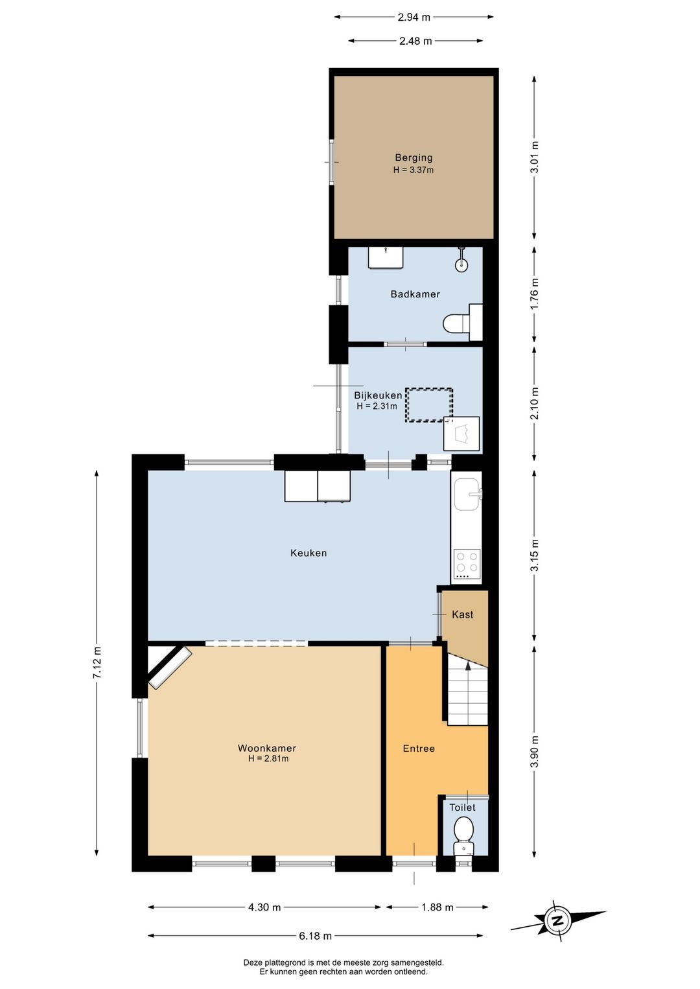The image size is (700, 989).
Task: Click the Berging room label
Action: pos(414,157)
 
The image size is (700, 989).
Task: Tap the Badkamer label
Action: pos(415,294)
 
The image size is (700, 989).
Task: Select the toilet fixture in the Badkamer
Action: pos(460,322)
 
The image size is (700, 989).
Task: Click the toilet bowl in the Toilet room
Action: pos(463,830)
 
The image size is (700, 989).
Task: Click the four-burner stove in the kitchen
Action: pos(467,564)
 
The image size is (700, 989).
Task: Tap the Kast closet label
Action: pos(463,614)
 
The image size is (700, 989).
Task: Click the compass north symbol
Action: pos(557,920)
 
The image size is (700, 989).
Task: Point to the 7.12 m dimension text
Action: pos(97,663)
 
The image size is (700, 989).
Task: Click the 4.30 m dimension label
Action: pos(264,907)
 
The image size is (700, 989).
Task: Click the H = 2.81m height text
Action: pos(268,758)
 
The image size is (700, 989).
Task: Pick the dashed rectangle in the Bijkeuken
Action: pos(428,405)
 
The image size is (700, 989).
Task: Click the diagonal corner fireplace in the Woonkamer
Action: pos(169,667)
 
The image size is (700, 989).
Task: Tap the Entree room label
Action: pos(419,749)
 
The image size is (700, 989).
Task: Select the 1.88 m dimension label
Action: pos(437,907)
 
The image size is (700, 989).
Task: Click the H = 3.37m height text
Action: pos(414,170)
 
